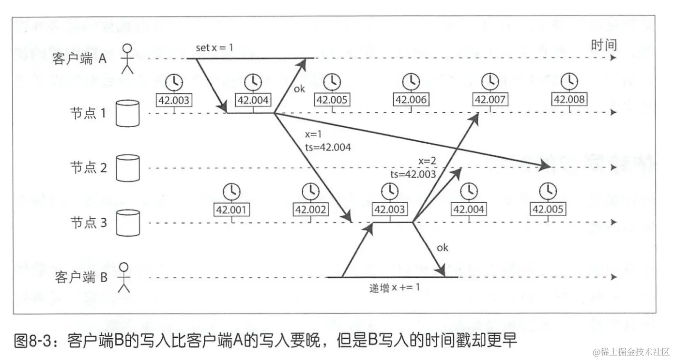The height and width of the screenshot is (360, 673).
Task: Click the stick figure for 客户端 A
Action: [127, 58]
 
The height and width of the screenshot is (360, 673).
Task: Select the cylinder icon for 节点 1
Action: [128, 113]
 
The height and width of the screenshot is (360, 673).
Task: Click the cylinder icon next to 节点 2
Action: [128, 167]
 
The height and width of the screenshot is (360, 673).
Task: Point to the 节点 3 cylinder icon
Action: [128, 222]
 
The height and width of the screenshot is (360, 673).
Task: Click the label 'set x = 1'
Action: [214, 48]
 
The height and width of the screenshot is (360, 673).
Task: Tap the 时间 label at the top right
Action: [604, 45]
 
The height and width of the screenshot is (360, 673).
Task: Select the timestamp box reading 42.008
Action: [569, 100]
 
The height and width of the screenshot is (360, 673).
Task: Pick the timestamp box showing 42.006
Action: [411, 100]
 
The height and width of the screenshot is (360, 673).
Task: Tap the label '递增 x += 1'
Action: [394, 287]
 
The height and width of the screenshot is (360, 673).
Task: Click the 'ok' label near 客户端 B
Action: [442, 248]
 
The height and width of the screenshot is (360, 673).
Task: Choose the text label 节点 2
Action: [90, 167]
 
